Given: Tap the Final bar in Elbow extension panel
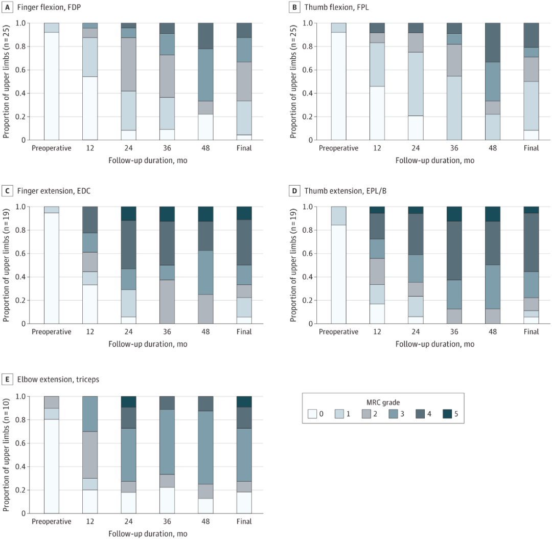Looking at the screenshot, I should (x=244, y=455).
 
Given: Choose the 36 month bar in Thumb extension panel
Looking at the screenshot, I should (x=454, y=265).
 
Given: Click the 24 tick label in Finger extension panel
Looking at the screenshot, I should (x=128, y=332).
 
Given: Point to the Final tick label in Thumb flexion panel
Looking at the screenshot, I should (x=531, y=148).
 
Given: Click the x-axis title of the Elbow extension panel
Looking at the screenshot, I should (x=148, y=533).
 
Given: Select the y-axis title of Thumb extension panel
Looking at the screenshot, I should (x=293, y=265).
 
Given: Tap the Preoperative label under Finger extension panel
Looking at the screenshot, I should (x=52, y=332).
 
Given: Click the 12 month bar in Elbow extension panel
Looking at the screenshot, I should (x=90, y=455).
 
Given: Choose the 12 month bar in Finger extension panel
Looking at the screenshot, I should (x=90, y=265).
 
